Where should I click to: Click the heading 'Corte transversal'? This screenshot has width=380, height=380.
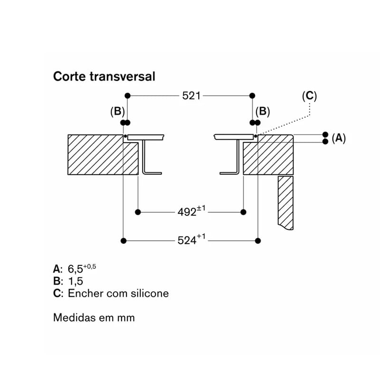pyautogui.click(x=104, y=77)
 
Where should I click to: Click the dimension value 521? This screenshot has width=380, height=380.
pyautogui.click(x=191, y=96)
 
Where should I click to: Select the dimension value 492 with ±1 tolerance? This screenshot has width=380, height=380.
pyautogui.click(x=191, y=211)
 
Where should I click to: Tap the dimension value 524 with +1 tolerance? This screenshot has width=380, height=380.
pyautogui.click(x=191, y=239)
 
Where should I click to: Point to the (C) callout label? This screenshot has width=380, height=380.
pyautogui.click(x=309, y=96)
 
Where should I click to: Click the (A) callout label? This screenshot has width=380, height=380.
pyautogui.click(x=339, y=138)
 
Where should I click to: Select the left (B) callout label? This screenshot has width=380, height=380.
pyautogui.click(x=117, y=112)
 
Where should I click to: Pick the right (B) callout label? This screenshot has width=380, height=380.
pyautogui.click(x=263, y=112)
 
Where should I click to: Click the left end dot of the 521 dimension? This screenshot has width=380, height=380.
pyautogui.click(x=127, y=96)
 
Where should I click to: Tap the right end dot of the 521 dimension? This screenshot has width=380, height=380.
pyautogui.click(x=252, y=96)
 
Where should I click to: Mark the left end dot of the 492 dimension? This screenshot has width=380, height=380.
pyautogui.click(x=138, y=212)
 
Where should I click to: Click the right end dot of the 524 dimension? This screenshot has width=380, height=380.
pyautogui.click(x=258, y=241)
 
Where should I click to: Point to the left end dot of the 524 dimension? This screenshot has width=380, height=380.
pyautogui.click(x=123, y=241)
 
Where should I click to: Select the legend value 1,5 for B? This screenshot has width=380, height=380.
pyautogui.click(x=76, y=281)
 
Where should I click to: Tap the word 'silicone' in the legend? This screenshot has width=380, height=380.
pyautogui.click(x=150, y=294)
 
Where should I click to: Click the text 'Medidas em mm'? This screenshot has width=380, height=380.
pyautogui.click(x=94, y=318)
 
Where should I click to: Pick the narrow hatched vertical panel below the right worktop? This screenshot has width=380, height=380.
pyautogui.click(x=285, y=203)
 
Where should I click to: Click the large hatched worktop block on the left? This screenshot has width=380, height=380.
pyautogui.click(x=103, y=155)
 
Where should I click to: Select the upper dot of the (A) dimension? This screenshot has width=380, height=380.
pyautogui.click(x=325, y=134)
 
